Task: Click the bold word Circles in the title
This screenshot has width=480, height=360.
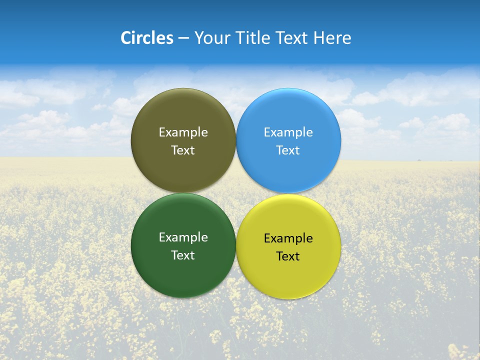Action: [x=147, y=38]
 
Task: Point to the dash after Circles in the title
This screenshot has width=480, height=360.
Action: [x=183, y=38]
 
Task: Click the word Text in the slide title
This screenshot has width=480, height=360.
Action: [x=293, y=38]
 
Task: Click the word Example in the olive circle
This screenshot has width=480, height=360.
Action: [x=183, y=132]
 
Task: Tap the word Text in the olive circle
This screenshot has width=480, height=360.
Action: [x=183, y=150]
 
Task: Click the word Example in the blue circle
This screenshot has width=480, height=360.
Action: [x=288, y=132]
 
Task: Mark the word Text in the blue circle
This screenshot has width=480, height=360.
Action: [x=288, y=150]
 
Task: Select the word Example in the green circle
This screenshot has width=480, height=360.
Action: [x=183, y=237]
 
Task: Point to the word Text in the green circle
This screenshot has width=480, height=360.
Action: [x=183, y=255]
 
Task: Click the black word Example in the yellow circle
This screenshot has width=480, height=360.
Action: [x=288, y=238]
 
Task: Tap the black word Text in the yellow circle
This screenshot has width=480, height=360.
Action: [x=288, y=256]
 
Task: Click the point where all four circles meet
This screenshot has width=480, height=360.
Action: [x=236, y=193]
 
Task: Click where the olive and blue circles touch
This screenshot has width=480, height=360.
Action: [x=236, y=140]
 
